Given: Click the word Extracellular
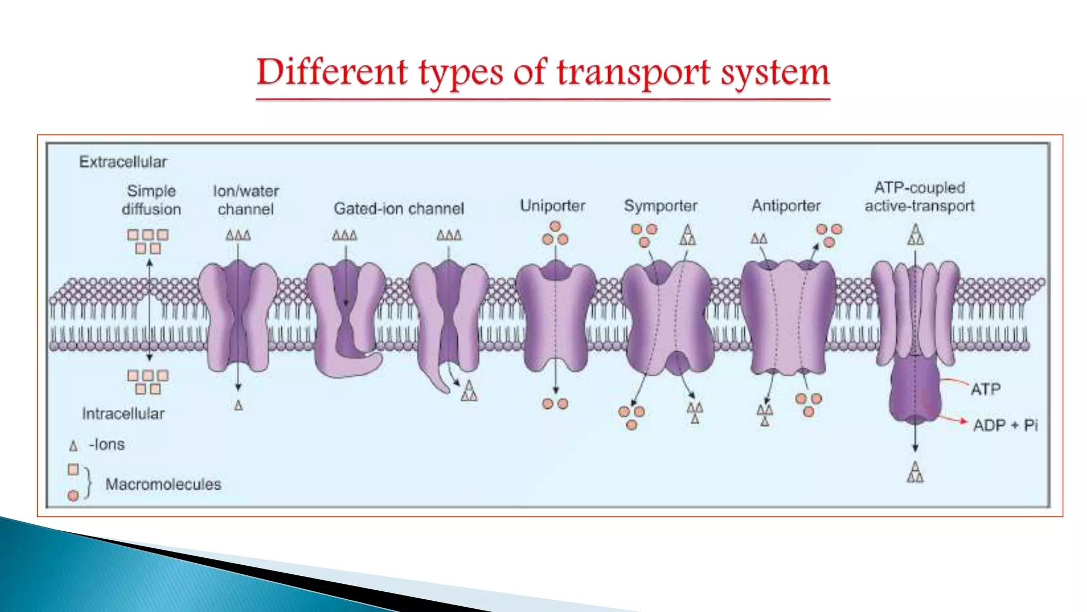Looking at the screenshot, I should pyautogui.click(x=123, y=161).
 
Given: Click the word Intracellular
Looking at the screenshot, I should pyautogui.click(x=123, y=413).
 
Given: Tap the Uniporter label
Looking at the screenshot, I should pyautogui.click(x=553, y=206).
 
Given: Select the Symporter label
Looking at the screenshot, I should pyautogui.click(x=660, y=206).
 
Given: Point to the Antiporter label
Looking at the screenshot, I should pyautogui.click(x=786, y=206).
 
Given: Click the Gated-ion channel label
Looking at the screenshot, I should pyautogui.click(x=399, y=208).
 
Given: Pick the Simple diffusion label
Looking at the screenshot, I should pyautogui.click(x=151, y=200).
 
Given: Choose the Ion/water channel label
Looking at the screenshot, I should pyautogui.click(x=246, y=200).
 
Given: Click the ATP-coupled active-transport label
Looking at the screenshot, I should pyautogui.click(x=919, y=197).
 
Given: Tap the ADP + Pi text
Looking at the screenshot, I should pyautogui.click(x=1005, y=425).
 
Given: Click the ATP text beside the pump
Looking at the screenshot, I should pyautogui.click(x=985, y=389).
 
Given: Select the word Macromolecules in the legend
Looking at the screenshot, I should pyautogui.click(x=163, y=484).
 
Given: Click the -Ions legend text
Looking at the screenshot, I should pyautogui.click(x=107, y=444).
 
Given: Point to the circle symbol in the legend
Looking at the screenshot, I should pyautogui.click(x=73, y=496).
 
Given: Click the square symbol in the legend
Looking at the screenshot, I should pyautogui.click(x=73, y=470).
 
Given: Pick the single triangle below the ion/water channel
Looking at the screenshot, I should pyautogui.click(x=238, y=406).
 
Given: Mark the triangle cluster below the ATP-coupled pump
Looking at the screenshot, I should pyautogui.click(x=915, y=472).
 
